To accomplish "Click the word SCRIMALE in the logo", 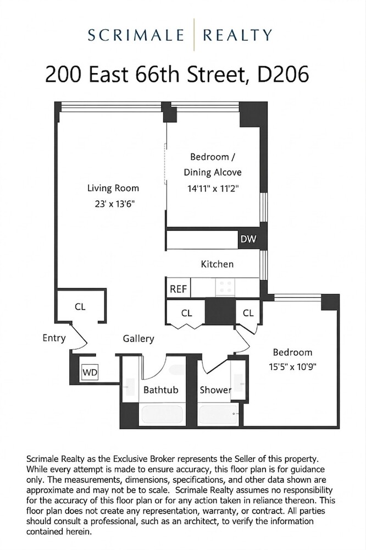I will tap(137, 36).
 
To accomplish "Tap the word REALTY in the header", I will tap(237, 36).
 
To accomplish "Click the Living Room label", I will tap(113, 188).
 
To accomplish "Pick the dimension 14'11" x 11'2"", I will tap(213, 188).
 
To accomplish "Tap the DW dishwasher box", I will tap(245, 239).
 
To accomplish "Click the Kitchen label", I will tap(217, 264).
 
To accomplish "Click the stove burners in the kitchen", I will tap(225, 287).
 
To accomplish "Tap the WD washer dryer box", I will tap(90, 372).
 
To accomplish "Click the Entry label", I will tap(54, 338).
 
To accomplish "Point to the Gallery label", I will tap(138, 339).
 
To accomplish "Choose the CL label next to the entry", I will tap(80, 306).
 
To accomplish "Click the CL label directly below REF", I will tap(187, 313).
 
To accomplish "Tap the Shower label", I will tap(215, 390).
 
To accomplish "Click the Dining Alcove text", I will tap(213, 172).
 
